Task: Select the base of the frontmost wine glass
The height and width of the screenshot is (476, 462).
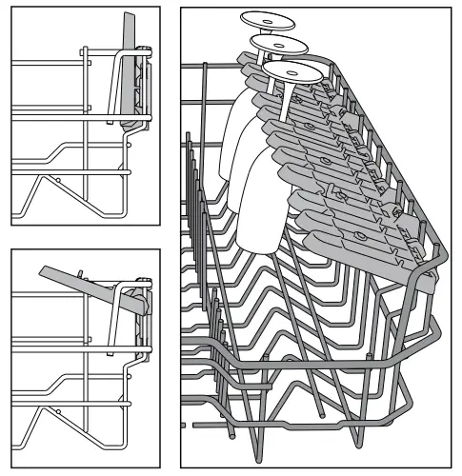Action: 290,70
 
